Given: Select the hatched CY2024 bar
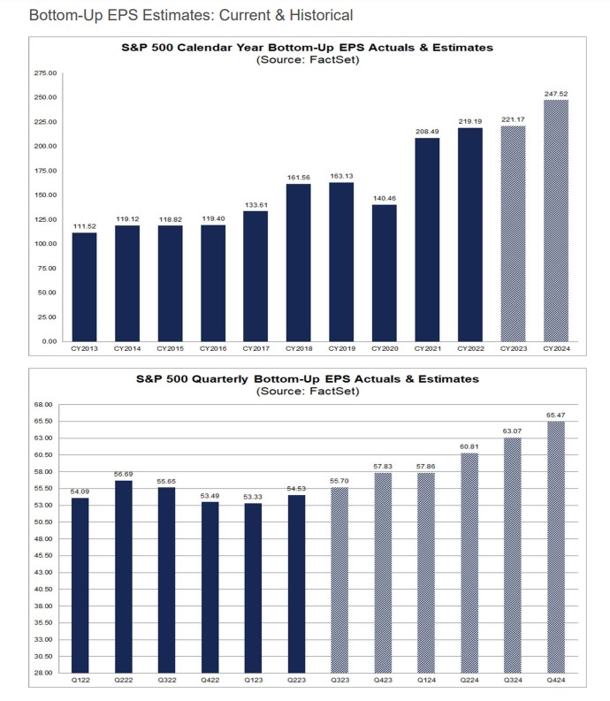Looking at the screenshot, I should tap(556, 220).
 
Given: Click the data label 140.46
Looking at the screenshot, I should tap(385, 197).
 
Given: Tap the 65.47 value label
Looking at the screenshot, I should tap(556, 414).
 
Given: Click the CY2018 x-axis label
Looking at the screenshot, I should tap(299, 349).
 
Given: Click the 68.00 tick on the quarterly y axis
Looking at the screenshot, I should tap(45, 405).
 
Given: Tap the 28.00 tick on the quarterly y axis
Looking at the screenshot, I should tap(45, 673).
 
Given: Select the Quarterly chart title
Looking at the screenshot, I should tap(308, 378).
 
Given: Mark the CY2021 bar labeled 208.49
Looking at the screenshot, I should tap(427, 239).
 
